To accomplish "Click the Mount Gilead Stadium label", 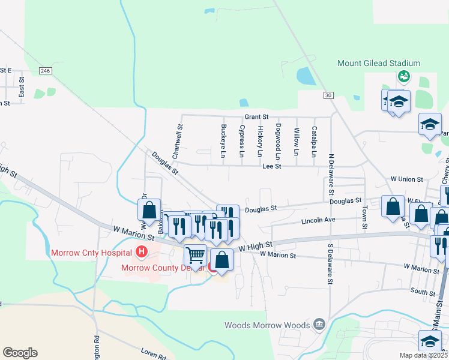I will [x=378, y=63].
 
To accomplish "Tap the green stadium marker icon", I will [x=403, y=76].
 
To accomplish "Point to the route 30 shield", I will [x=327, y=95].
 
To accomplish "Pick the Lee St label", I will [x=272, y=167].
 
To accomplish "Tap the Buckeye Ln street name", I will [x=223, y=141].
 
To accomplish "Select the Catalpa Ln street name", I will [x=314, y=141].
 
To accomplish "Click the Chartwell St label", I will [x=178, y=142].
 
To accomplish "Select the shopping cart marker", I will [x=196, y=256].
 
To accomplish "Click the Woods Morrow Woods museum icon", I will [x=319, y=325].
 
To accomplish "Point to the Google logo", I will [x=20, y=353].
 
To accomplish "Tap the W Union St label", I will [x=407, y=179].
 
